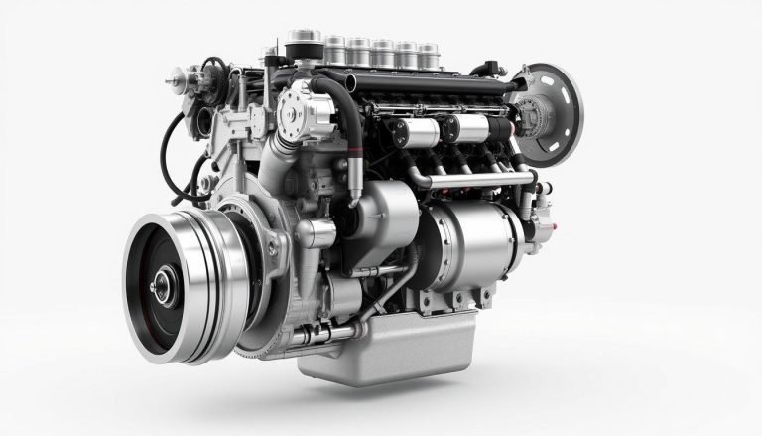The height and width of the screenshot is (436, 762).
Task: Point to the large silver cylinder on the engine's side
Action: (x=466, y=247)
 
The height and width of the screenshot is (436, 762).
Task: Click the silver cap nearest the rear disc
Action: (x=427, y=52)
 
